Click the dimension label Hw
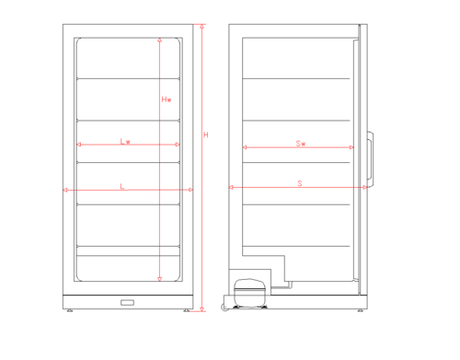point(167,99)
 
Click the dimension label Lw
point(125,142)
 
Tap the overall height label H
point(206,134)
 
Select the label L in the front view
point(122,186)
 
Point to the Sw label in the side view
point(301,144)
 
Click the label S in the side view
point(300,183)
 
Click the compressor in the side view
point(249,292)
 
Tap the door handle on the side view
point(370,159)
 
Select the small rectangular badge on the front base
point(127,303)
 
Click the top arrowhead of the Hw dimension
point(159,41)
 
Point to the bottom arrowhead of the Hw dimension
point(159,279)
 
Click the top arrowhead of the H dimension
point(201,27)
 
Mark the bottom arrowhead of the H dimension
point(201,309)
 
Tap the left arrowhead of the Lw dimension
point(79,145)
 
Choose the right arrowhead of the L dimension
point(190,190)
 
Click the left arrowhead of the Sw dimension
point(245,147)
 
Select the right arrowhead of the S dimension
point(364,187)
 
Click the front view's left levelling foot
point(70,310)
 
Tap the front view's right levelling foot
point(187,310)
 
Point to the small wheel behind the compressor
point(224,308)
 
